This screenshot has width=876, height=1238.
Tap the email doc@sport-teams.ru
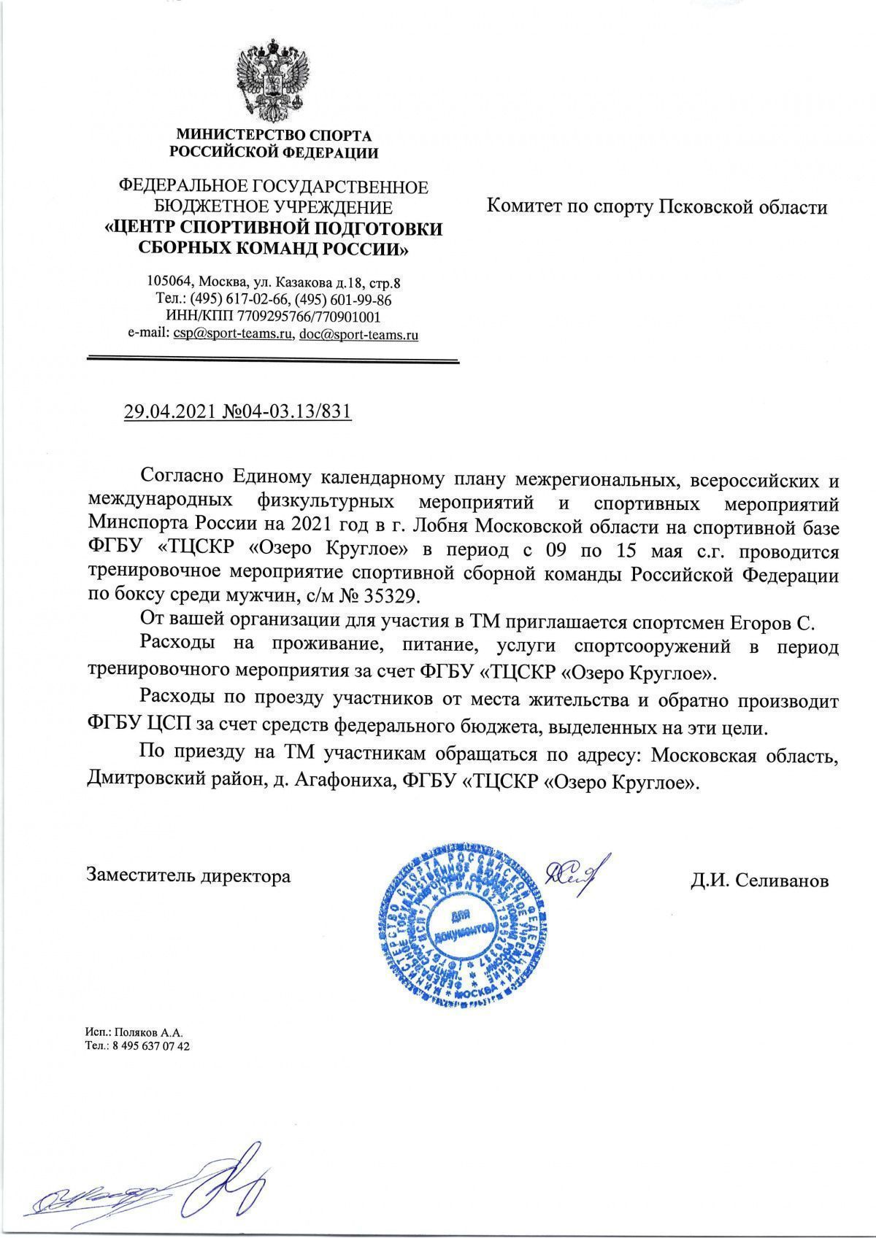(359, 335)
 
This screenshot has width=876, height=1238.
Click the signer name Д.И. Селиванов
(760, 881)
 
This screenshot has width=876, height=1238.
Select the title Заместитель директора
(188, 875)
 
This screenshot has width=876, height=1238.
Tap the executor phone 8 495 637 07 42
(148, 1046)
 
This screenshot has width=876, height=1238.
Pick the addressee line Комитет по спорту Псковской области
(657, 208)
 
